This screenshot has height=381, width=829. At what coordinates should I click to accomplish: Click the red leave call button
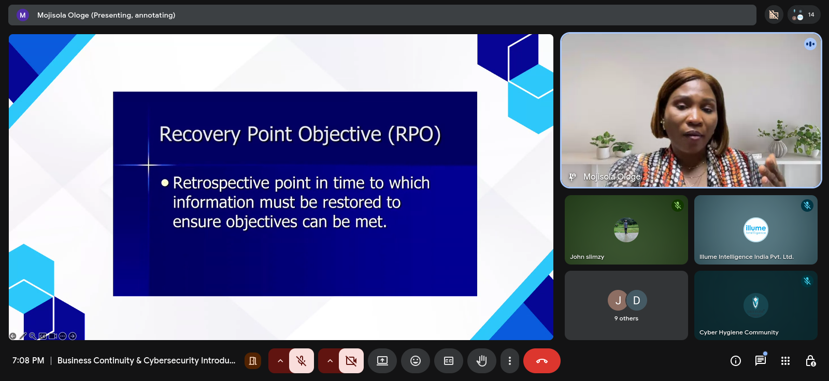coord(541,361)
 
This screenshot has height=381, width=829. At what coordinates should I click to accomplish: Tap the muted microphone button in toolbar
coord(301,361)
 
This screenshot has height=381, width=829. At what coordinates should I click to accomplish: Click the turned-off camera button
coord(351,361)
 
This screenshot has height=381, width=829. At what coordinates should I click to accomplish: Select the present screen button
coord(382,361)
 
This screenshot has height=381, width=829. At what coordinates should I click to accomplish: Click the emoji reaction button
coord(416,361)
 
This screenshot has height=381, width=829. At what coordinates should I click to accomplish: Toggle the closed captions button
coord(449,361)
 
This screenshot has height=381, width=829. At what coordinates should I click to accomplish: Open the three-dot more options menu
coord(510,361)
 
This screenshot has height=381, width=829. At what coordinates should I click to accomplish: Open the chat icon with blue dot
coord(761,360)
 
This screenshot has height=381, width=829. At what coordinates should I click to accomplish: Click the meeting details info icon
coord(735,361)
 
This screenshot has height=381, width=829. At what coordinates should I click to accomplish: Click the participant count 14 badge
coord(804,15)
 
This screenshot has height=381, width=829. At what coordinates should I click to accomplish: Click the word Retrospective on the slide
coord(221,183)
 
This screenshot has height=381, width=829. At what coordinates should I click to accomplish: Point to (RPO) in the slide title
coord(414,134)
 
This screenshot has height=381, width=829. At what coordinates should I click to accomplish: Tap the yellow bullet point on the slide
coord(165,183)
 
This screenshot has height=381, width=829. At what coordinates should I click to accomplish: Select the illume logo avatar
coord(756,230)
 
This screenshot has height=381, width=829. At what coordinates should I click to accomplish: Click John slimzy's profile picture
coord(626,230)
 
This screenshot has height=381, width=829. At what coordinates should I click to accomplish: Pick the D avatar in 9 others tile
coord(637,300)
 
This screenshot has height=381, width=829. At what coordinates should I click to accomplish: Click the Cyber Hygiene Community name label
coord(739,332)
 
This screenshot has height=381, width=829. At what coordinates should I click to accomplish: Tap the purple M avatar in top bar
coord(23,15)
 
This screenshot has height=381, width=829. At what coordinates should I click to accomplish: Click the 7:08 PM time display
coord(28,361)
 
